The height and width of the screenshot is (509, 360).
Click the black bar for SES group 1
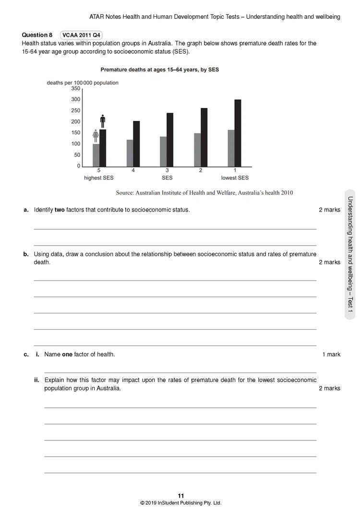[238, 132]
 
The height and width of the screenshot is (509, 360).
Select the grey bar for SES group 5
[96, 155]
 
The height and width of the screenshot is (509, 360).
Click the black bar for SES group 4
[136, 143]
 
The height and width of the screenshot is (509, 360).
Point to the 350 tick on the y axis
[76, 89]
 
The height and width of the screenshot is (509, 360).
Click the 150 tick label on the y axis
[76, 133]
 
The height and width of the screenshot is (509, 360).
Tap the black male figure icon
[102, 121]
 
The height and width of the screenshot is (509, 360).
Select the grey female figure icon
[96, 136]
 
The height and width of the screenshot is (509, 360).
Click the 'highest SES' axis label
[99, 178]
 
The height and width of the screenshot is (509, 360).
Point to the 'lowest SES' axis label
[235, 178]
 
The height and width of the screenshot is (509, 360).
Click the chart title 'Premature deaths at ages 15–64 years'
[159, 70]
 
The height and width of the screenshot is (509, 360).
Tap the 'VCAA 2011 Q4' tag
[82, 35]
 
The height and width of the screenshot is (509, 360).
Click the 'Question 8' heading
[37, 35]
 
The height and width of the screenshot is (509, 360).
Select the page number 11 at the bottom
[180, 496]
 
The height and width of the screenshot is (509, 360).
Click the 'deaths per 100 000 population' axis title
[83, 83]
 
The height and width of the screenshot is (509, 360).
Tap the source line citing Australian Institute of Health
[204, 193]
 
